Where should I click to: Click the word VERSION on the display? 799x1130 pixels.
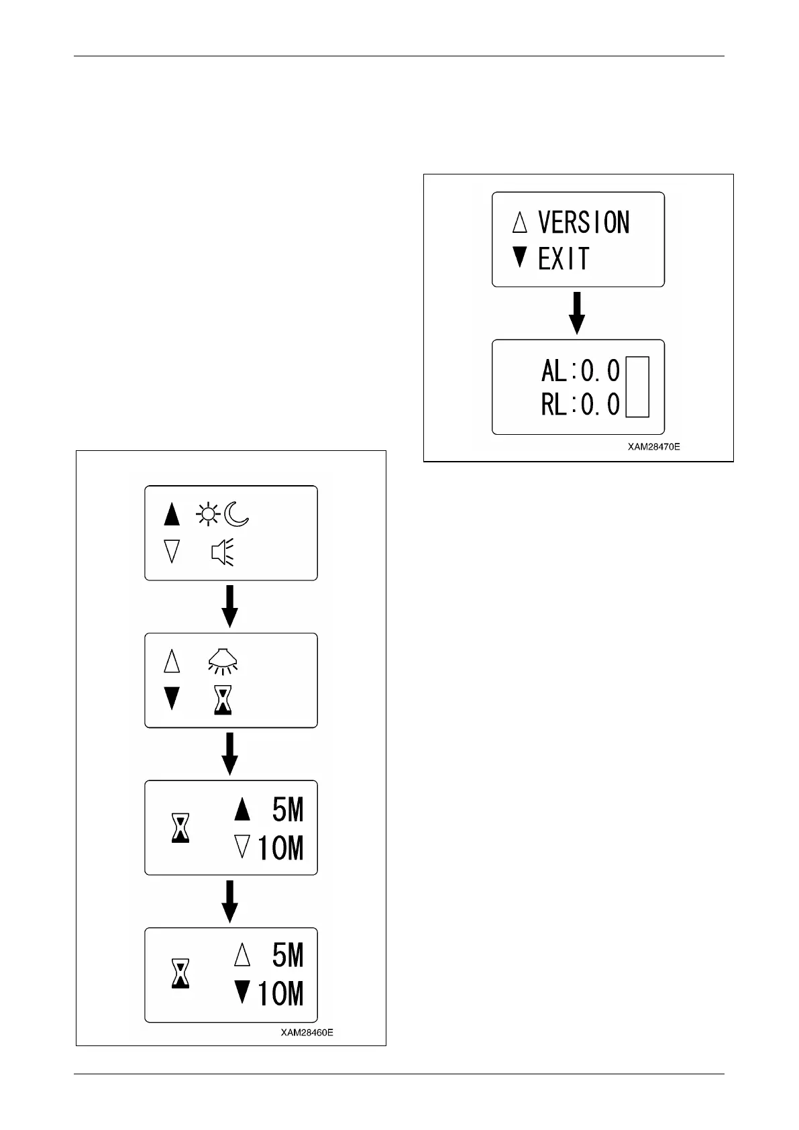click(x=584, y=222)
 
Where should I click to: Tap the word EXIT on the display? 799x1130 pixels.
click(x=564, y=258)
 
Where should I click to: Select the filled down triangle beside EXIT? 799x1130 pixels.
click(x=519, y=257)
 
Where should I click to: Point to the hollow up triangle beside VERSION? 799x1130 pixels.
click(x=519, y=222)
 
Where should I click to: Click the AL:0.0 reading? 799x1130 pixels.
click(x=580, y=370)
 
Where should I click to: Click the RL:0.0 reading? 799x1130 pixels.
click(x=580, y=405)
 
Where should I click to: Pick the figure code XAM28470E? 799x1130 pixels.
click(x=653, y=446)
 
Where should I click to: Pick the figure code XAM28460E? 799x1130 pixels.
click(x=307, y=1032)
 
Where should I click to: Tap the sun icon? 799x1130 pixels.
click(x=207, y=515)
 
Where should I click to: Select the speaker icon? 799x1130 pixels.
click(x=222, y=552)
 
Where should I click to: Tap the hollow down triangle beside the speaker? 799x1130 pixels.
click(x=172, y=552)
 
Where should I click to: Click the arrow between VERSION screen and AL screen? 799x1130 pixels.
click(x=577, y=313)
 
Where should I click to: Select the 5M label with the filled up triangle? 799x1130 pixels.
click(x=288, y=811)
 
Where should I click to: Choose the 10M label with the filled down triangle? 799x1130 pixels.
click(x=280, y=994)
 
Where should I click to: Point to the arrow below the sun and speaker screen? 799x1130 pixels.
click(x=230, y=606)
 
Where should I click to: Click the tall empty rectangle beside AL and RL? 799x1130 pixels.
click(x=637, y=387)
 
